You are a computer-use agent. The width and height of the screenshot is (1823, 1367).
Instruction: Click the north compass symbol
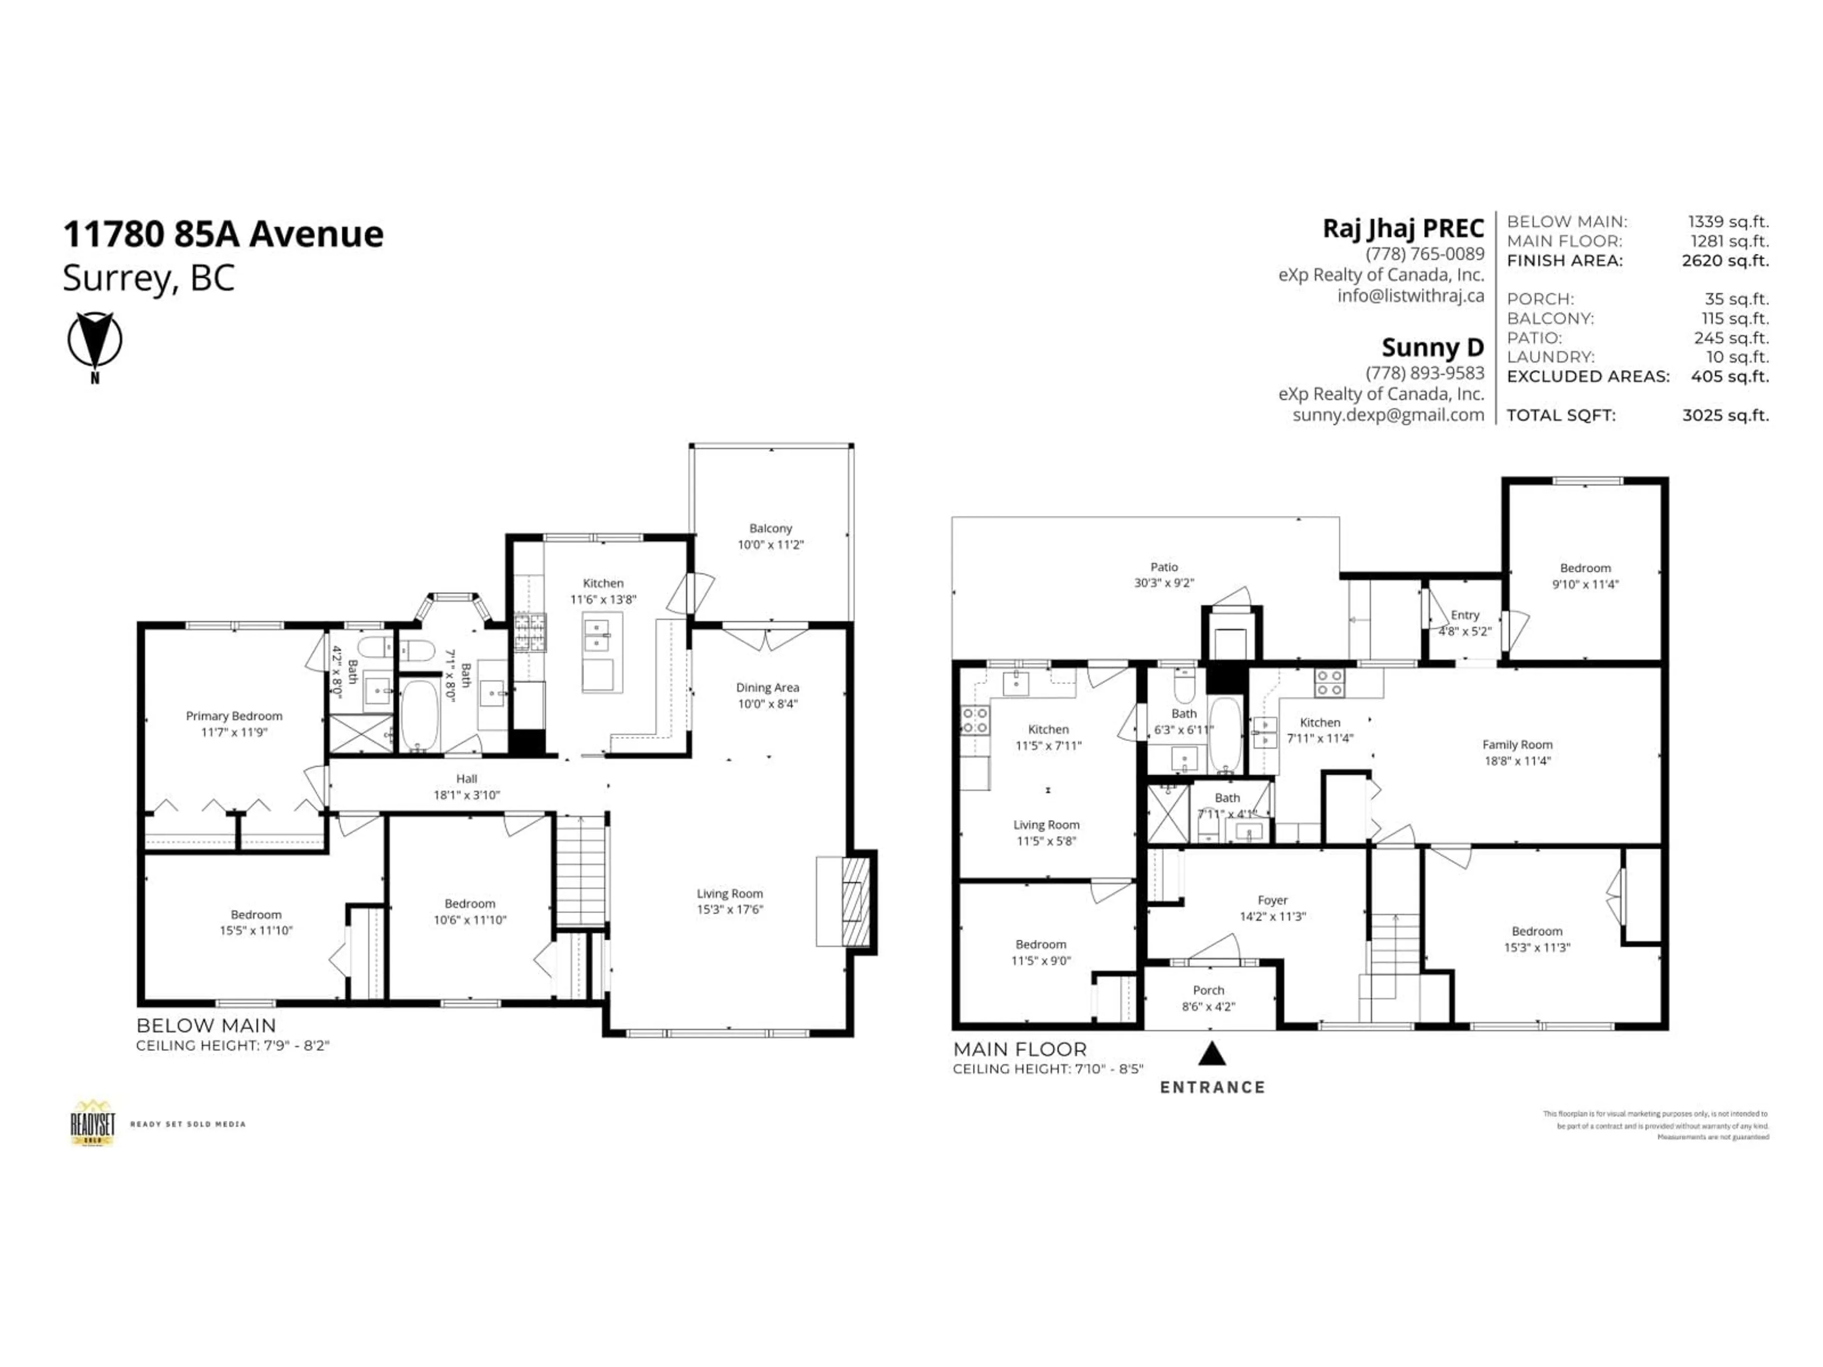(95, 341)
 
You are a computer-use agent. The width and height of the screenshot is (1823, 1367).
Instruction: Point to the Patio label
(1164, 574)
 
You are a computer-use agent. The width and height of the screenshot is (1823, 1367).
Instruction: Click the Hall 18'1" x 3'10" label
(467, 786)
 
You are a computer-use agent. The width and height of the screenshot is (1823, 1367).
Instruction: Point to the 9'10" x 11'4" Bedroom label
(1584, 576)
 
